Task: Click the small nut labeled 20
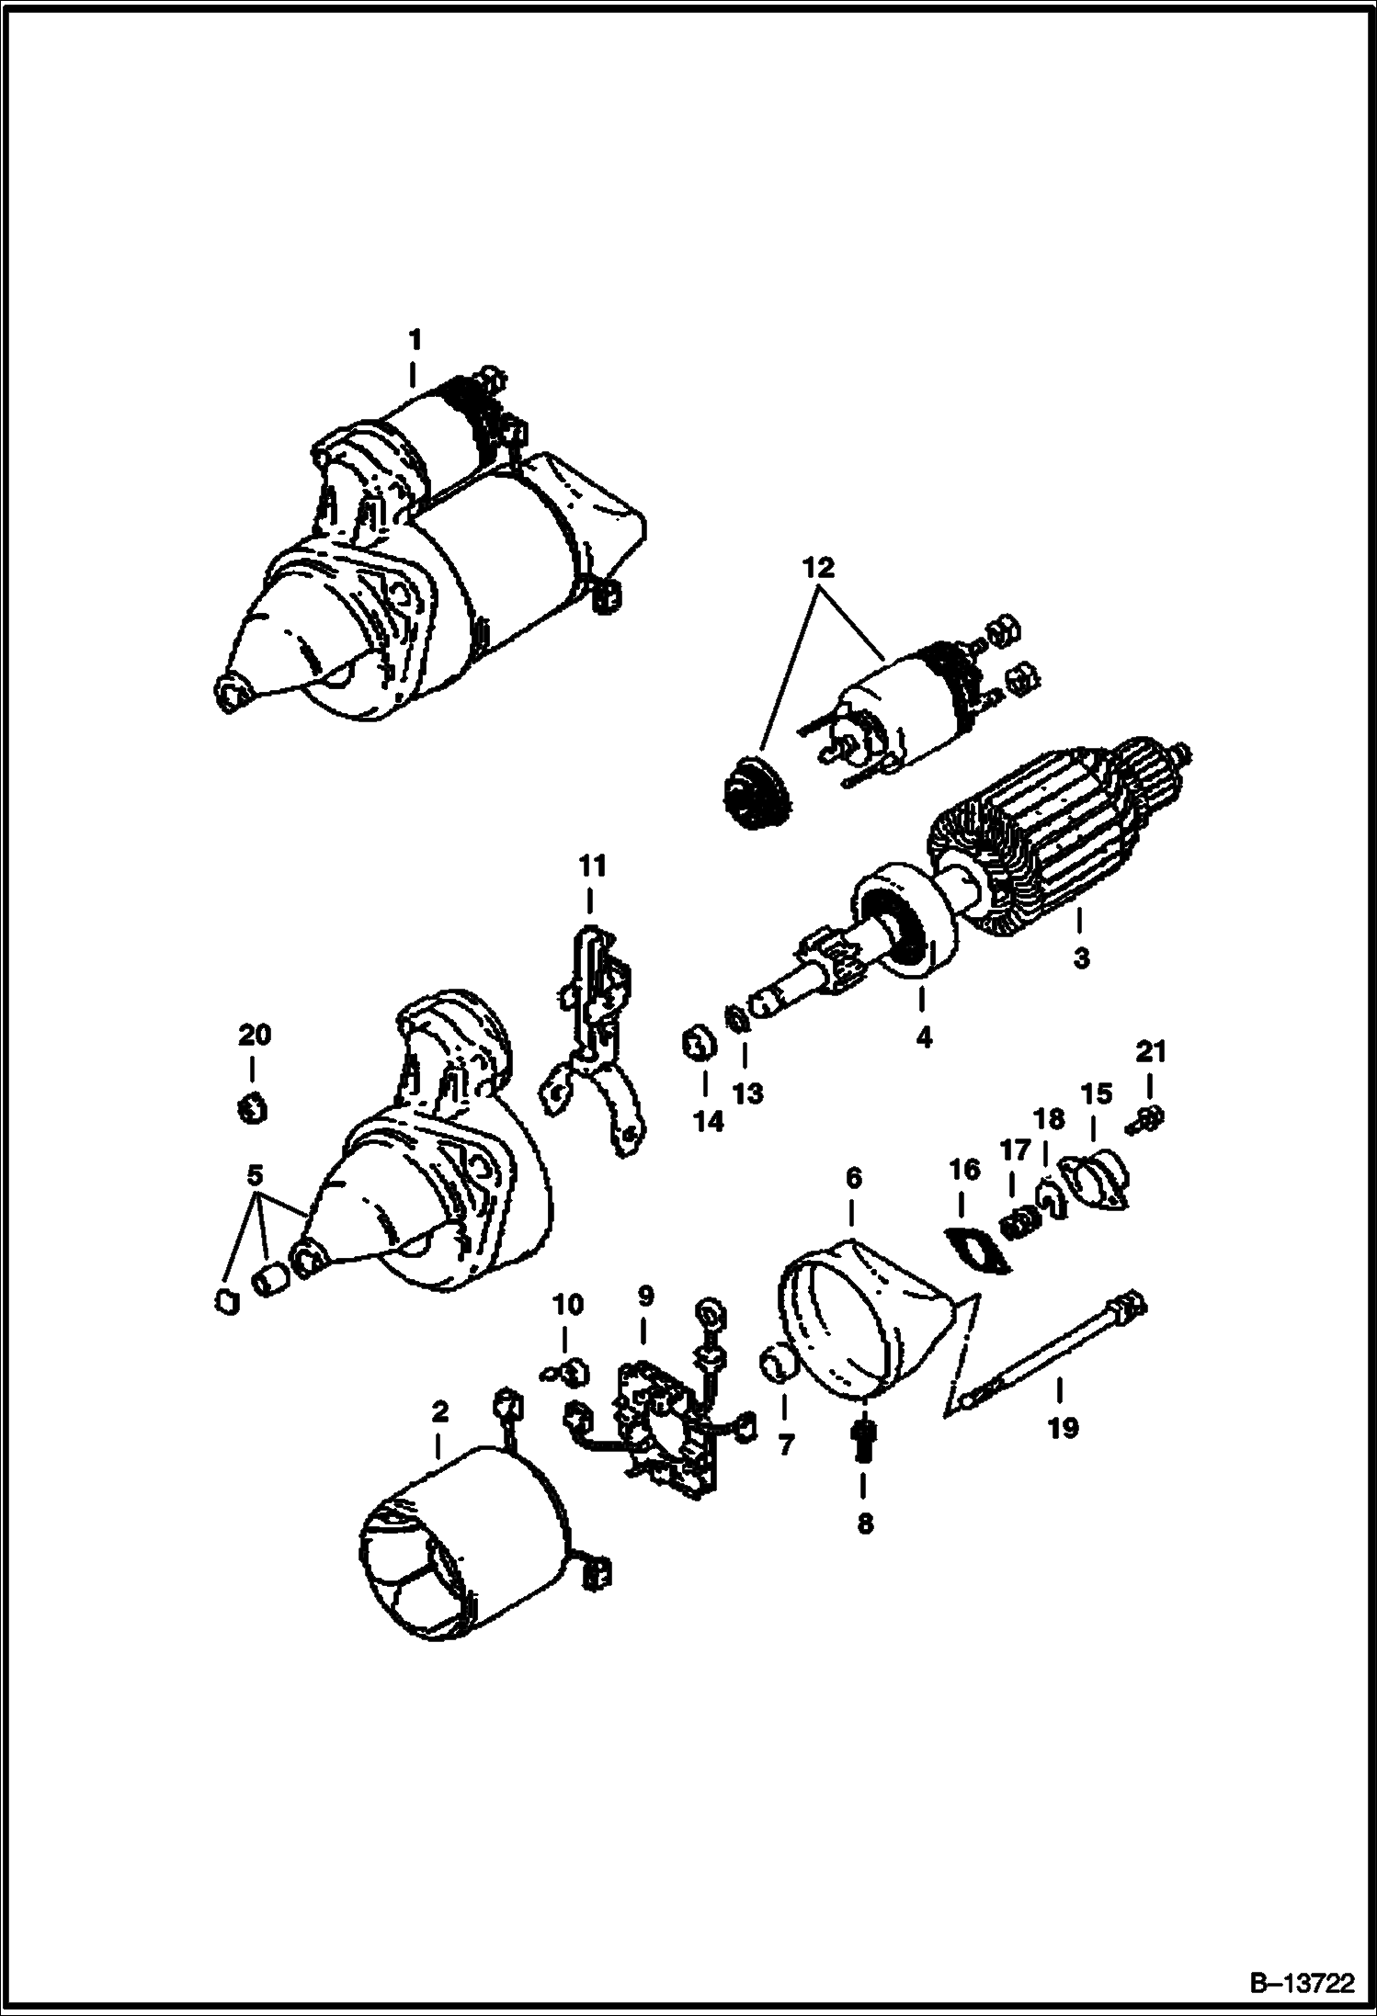(x=252, y=1109)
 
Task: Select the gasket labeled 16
(x=978, y=1252)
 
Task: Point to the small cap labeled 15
(x=1097, y=1180)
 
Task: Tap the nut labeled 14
(x=700, y=1046)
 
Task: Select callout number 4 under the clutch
(x=923, y=1037)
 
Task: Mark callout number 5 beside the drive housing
(x=255, y=1174)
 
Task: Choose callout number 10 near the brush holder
(x=567, y=1304)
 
